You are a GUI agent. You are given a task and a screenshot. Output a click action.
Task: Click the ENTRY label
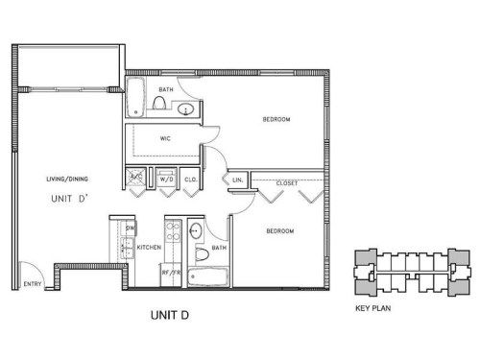[x=33, y=284]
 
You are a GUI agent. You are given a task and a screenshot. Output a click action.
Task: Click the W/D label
[x=165, y=179]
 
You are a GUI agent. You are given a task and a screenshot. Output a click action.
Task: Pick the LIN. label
[x=236, y=180]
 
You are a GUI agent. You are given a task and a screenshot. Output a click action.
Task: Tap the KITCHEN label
[x=149, y=248]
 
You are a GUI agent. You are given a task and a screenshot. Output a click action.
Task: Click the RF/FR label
[x=172, y=273]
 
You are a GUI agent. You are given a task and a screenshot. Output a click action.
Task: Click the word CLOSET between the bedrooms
[x=285, y=181]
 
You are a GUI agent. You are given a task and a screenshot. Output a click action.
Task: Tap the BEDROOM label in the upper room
[x=276, y=120]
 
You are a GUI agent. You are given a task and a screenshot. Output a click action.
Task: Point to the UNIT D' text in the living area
[x=67, y=199]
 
